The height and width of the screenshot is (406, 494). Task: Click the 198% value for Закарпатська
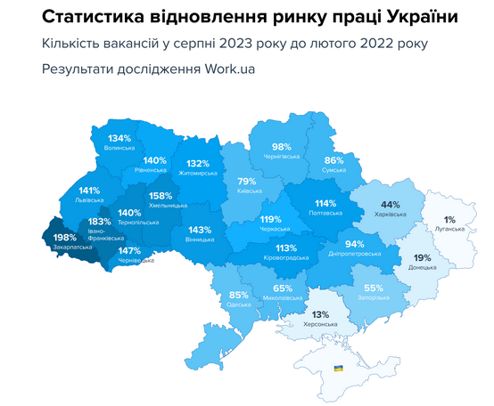tap(65, 238)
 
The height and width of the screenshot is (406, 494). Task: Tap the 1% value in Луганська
tap(450, 219)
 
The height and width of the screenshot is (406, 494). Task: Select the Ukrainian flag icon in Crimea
tap(338, 367)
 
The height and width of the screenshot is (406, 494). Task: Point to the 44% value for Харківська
tap(390, 204)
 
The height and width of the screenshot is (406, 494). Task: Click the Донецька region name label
tap(422, 267)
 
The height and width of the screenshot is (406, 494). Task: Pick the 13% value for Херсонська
tap(320, 313)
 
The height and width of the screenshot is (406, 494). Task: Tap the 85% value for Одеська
tap(238, 295)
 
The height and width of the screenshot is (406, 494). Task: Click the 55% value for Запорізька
tap(373, 288)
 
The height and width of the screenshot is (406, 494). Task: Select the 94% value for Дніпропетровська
tap(354, 244)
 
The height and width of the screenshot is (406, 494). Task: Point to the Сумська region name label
tap(334, 168)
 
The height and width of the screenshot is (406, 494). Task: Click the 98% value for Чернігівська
tap(282, 147)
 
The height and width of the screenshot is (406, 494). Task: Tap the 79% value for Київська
tap(247, 181)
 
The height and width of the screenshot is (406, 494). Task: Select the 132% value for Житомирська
tap(197, 164)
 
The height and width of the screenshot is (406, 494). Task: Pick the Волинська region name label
tap(119, 149)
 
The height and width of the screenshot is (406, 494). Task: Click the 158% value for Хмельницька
tap(161, 196)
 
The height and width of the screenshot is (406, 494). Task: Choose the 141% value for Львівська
tap(89, 191)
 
